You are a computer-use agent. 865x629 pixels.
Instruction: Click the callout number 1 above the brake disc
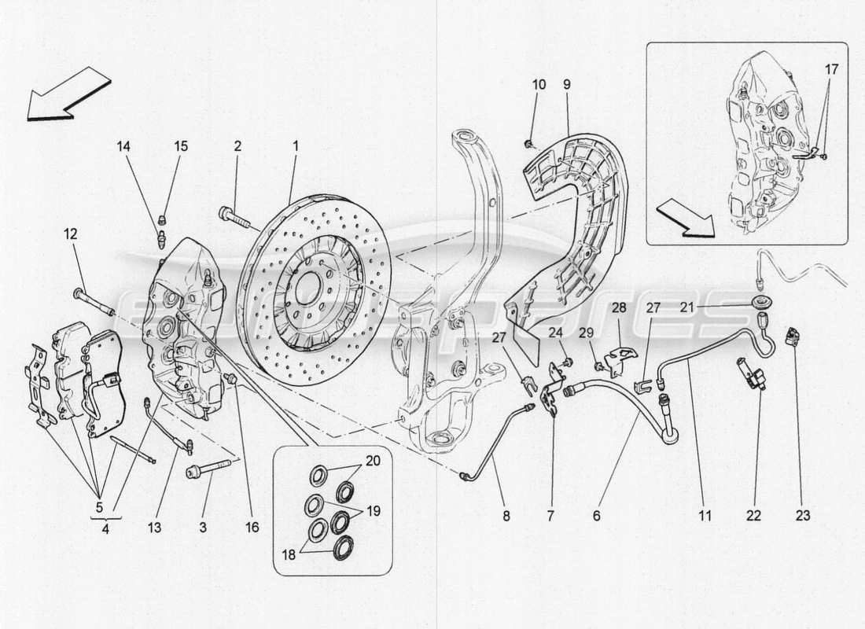tap(296, 145)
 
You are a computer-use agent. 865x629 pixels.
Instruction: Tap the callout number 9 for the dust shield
tap(566, 83)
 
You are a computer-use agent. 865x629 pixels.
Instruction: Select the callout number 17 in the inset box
tap(832, 69)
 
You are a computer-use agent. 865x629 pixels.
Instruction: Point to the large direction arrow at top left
tap(67, 94)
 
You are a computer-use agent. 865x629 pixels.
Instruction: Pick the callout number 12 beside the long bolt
tap(72, 234)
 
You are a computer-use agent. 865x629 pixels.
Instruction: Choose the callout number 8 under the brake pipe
tap(506, 516)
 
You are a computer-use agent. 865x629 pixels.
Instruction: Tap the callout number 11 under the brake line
tap(704, 516)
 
